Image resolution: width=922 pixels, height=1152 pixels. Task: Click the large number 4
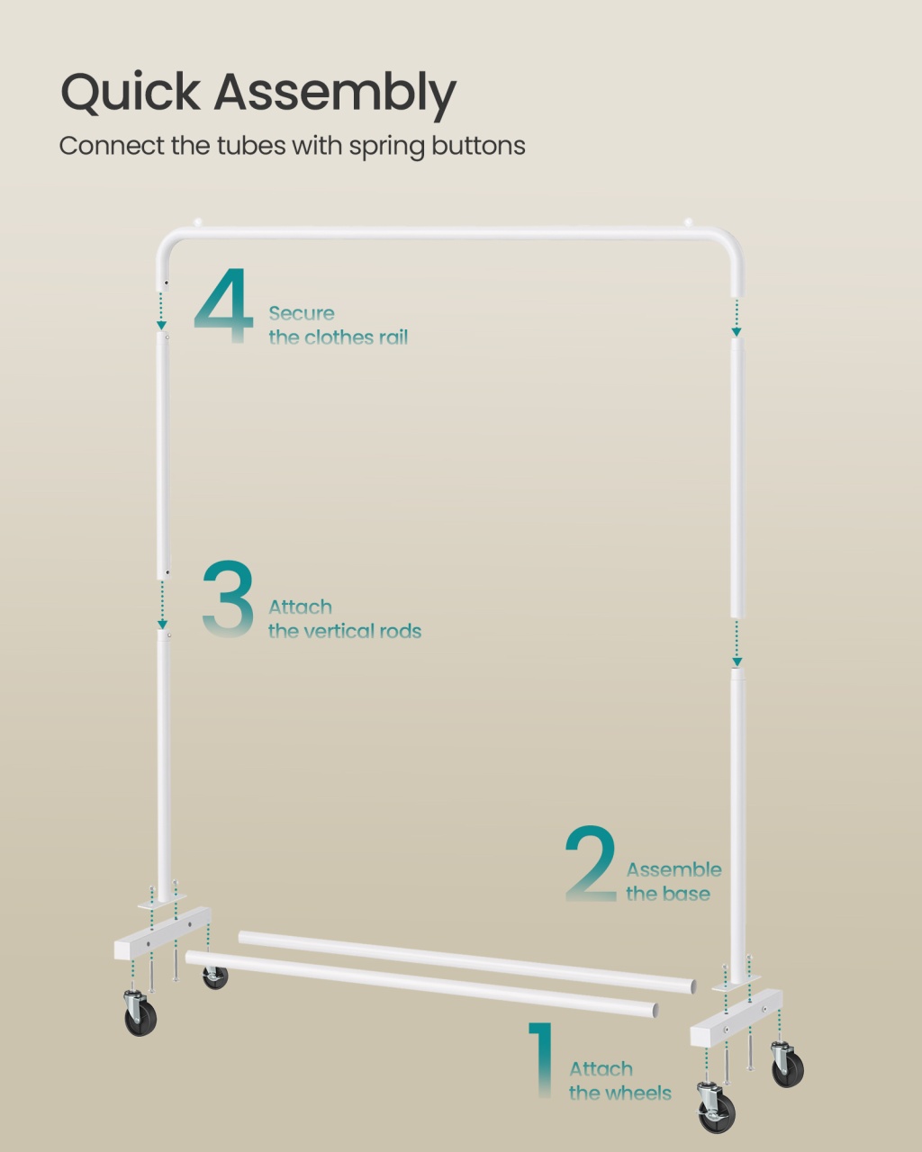pyautogui.click(x=223, y=305)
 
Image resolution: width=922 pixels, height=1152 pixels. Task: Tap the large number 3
pyautogui.click(x=228, y=598)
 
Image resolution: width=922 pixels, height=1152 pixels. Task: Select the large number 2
pyautogui.click(x=591, y=863)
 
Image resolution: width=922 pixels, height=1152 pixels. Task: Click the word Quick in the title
pyautogui.click(x=131, y=91)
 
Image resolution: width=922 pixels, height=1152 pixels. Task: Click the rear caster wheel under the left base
pyautogui.click(x=215, y=977)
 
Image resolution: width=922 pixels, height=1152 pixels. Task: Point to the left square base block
pyautogui.click(x=162, y=933)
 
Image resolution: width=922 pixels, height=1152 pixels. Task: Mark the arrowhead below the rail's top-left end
pyautogui.click(x=161, y=326)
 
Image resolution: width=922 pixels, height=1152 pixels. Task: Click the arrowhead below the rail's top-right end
pyautogui.click(x=737, y=332)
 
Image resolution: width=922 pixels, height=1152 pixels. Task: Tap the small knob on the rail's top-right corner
pyautogui.click(x=689, y=221)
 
